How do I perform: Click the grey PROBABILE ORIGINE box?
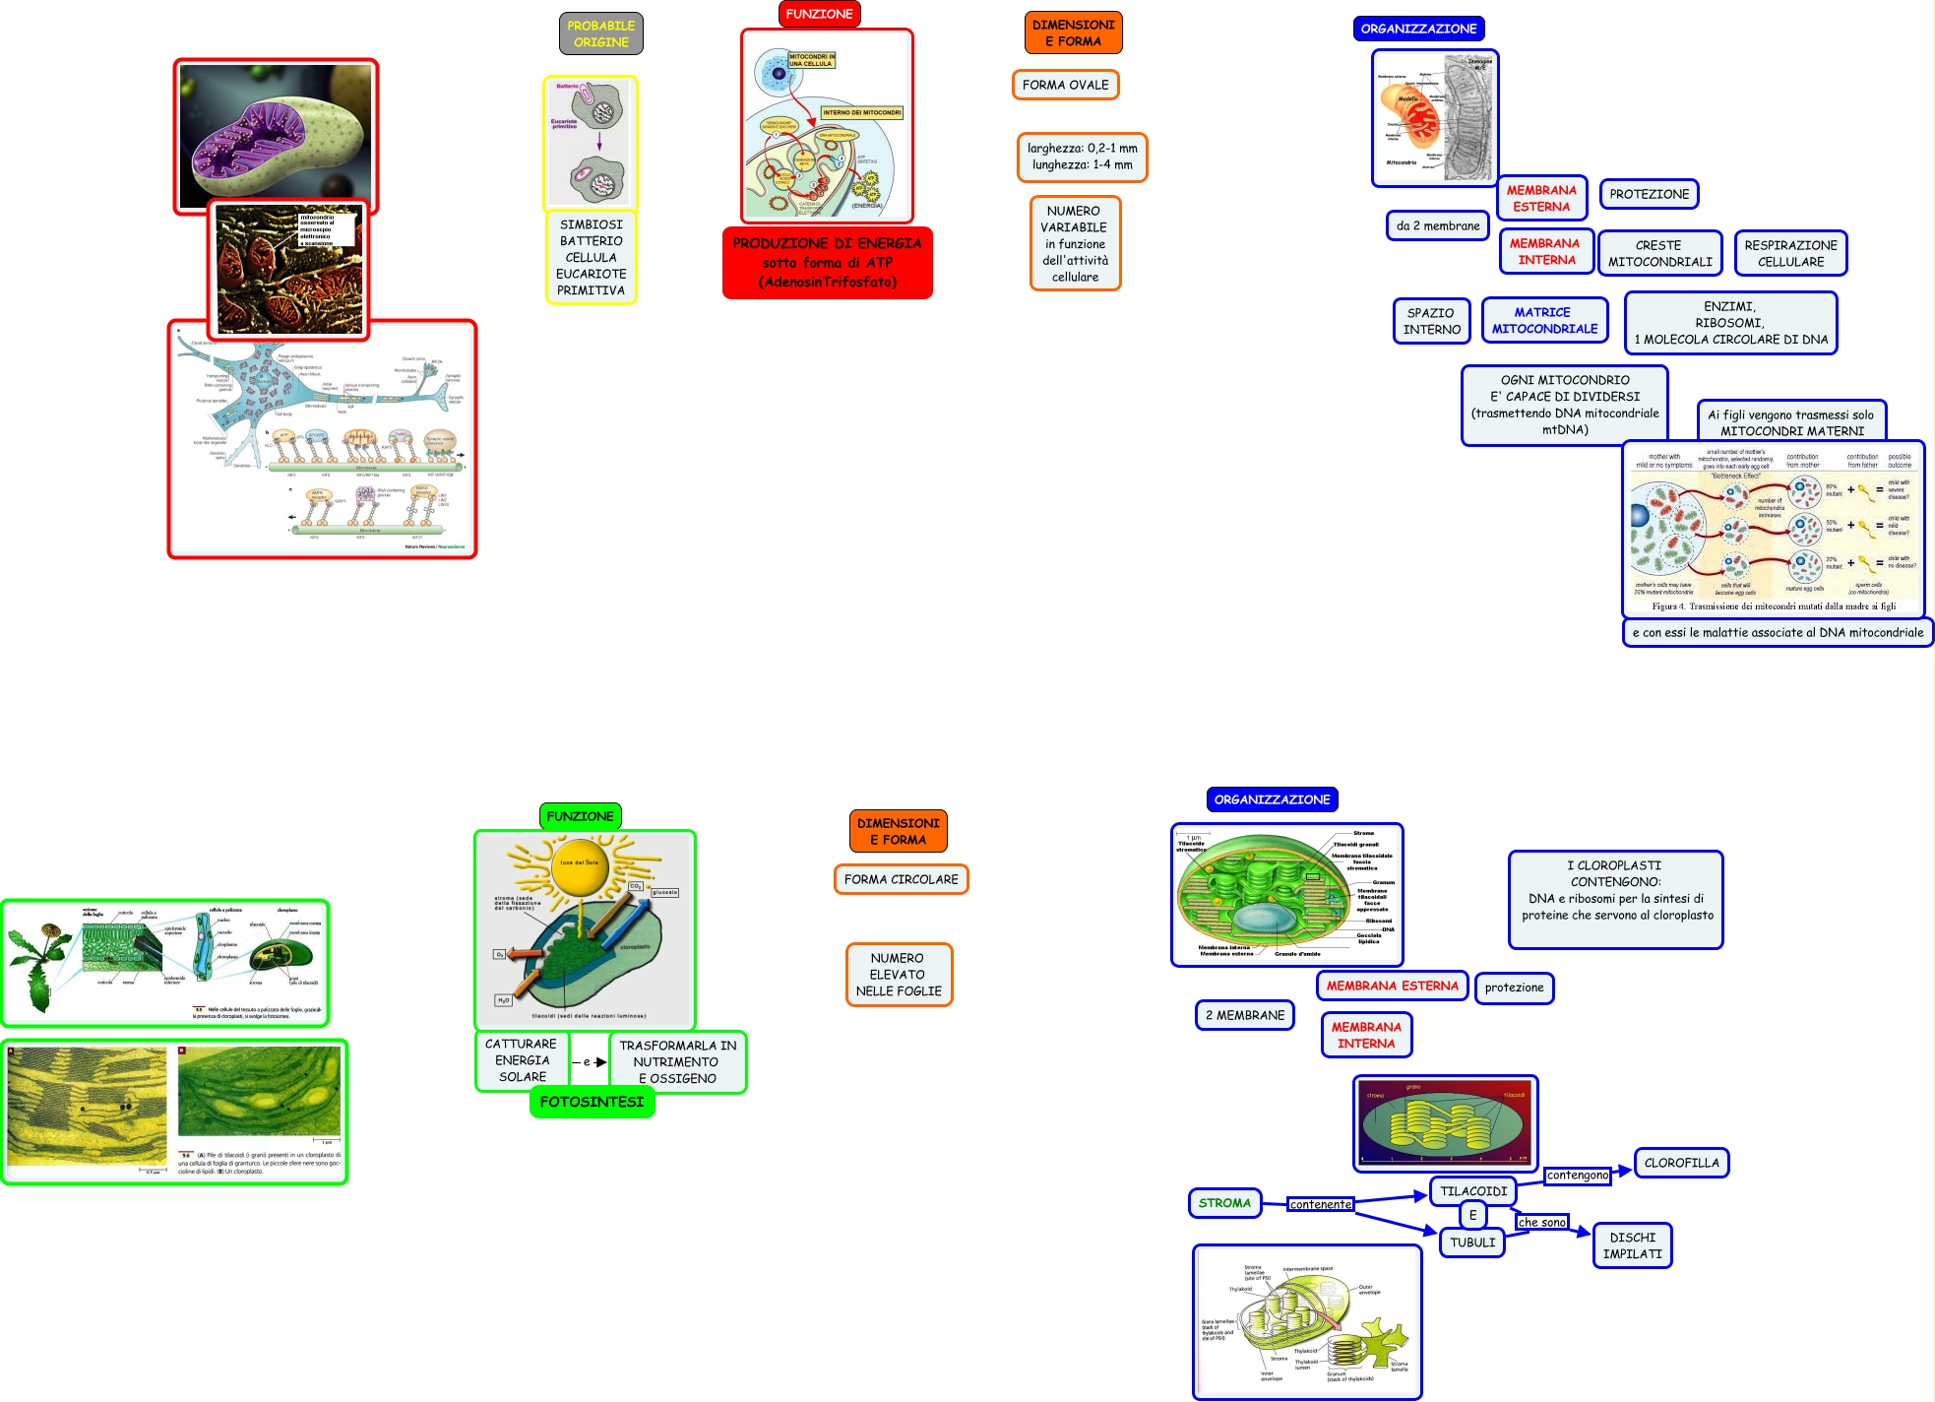[x=600, y=34]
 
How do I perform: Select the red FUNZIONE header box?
[x=819, y=14]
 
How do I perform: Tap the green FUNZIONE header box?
[x=580, y=816]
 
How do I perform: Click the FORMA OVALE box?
[x=1065, y=85]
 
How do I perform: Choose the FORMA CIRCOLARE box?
[x=901, y=879]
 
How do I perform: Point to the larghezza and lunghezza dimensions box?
[x=1082, y=157]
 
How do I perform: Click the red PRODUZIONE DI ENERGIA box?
[x=827, y=263]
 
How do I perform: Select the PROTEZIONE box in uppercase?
[x=1649, y=194]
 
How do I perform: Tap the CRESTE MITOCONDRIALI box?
[x=1659, y=253]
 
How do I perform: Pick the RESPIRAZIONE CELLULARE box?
[x=1790, y=253]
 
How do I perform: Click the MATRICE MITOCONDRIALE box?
[x=1544, y=320]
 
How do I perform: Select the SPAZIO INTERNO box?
[x=1431, y=321]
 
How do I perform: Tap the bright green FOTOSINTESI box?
[x=592, y=1102]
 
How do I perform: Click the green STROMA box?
[x=1224, y=1203]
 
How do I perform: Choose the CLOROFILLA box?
[x=1681, y=1163]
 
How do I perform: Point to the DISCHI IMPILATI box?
[x=1632, y=1245]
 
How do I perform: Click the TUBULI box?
[x=1472, y=1243]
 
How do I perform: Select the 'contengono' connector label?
[x=1577, y=1175]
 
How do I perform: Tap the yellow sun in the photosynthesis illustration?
[x=579, y=866]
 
